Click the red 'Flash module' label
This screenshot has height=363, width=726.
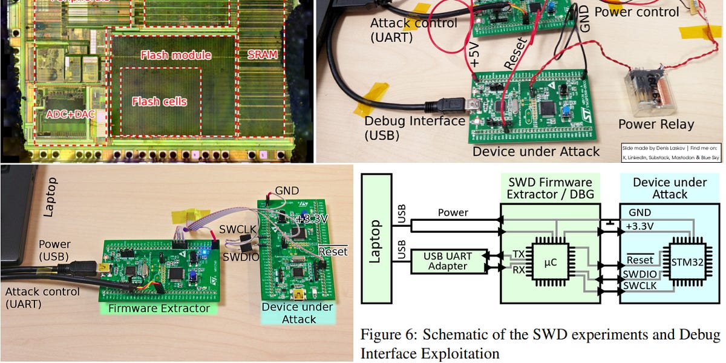pyautogui.click(x=176, y=55)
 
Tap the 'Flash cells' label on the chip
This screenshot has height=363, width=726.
pyautogui.click(x=160, y=101)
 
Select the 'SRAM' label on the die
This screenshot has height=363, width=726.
pyautogui.click(x=263, y=54)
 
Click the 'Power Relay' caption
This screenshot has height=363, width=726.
pyautogui.click(x=656, y=125)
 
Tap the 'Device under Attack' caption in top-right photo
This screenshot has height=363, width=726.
pyautogui.click(x=536, y=151)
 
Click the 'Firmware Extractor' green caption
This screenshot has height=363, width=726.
pyautogui.click(x=159, y=309)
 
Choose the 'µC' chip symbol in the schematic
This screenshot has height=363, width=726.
pyautogui.click(x=549, y=264)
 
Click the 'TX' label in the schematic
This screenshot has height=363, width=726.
pyautogui.click(x=518, y=253)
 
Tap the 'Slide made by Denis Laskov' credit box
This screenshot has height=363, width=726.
pyautogui.click(x=671, y=151)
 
